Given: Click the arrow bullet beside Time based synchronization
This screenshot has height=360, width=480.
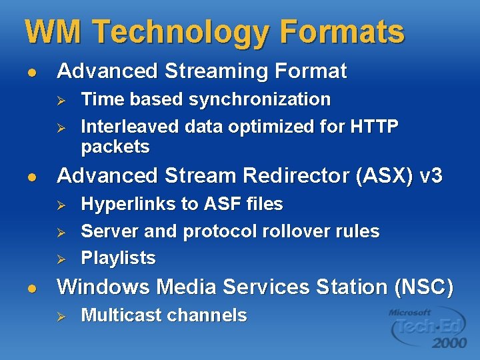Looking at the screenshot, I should pos(59,100).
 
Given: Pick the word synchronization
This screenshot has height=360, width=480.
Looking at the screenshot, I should pos(260,99).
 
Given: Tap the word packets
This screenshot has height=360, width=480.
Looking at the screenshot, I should pos(115,147).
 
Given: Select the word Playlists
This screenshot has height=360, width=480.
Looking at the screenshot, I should pos(118,258).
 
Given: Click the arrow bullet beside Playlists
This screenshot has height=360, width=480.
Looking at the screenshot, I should pos(59,259).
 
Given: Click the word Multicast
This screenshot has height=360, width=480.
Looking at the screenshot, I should pos(121,315).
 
